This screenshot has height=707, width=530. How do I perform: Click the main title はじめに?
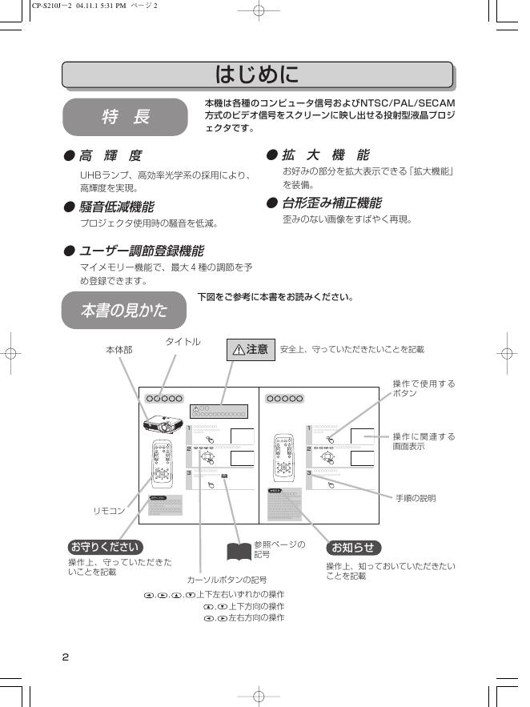tap(257, 74)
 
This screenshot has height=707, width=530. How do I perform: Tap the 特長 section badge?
tap(125, 117)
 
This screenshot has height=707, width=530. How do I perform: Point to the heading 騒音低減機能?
tap(116, 207)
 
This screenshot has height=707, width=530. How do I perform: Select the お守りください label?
tap(105, 547)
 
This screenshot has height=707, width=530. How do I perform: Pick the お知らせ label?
tap(353, 547)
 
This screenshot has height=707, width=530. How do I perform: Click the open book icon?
tap(239, 551)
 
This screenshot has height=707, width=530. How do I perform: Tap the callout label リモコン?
tap(110, 510)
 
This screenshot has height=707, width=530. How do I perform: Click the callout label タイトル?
tap(183, 342)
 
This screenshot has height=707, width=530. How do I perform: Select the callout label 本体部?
tap(119, 350)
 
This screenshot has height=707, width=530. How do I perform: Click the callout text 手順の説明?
tap(416, 498)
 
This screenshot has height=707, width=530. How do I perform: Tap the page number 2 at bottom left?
tap(66, 657)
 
